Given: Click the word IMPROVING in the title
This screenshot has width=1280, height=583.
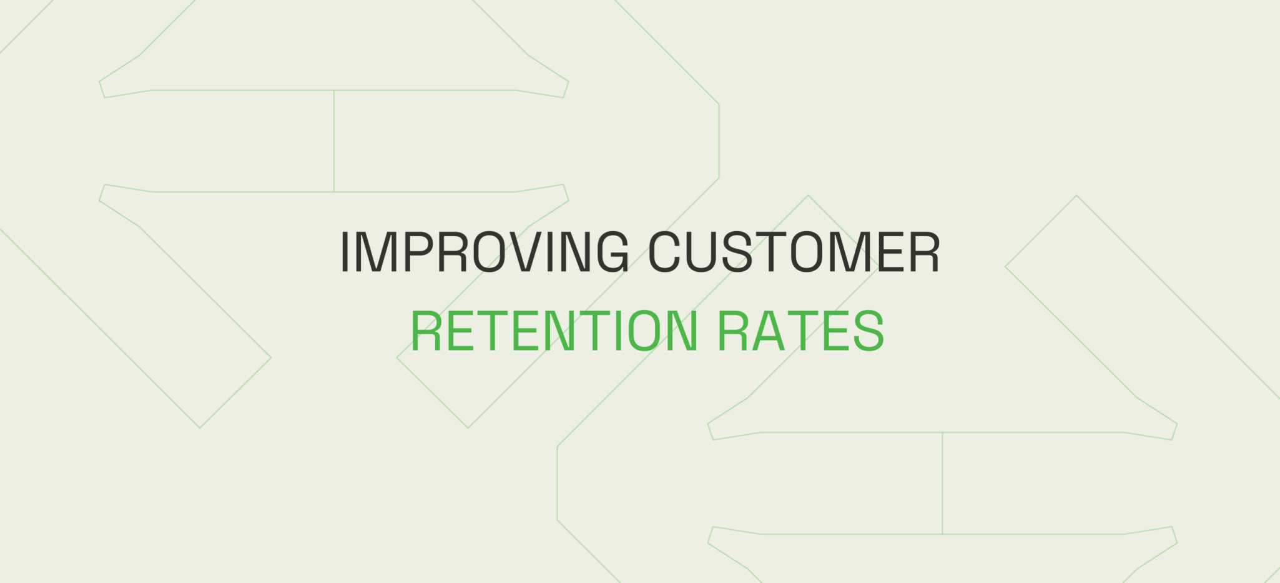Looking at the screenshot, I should point(485,252).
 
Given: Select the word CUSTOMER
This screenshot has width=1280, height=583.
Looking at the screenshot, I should point(794,252).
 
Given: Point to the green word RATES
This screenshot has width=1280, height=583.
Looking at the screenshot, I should point(800,331).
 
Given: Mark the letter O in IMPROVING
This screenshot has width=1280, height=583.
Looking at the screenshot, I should point(491,252).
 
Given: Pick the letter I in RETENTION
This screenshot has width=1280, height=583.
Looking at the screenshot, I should point(618,331).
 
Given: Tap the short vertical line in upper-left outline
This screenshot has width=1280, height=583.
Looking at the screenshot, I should point(334,141).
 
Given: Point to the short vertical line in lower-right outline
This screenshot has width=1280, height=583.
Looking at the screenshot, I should point(942,483).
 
